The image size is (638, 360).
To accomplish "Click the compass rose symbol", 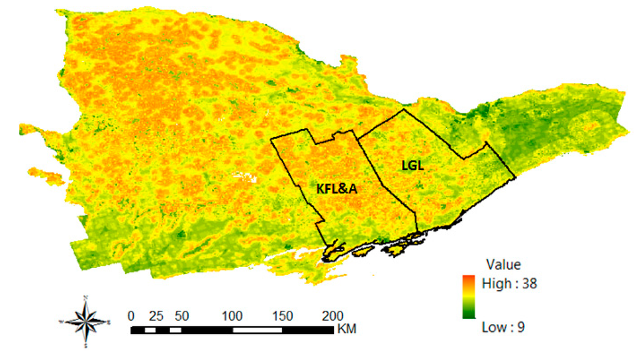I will click(87, 321).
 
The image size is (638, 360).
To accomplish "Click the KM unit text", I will click(346, 328).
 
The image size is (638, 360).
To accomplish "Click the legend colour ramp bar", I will click(468, 296).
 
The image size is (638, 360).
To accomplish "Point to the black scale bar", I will click(232, 328).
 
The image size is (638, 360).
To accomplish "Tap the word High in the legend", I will click(495, 283).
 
